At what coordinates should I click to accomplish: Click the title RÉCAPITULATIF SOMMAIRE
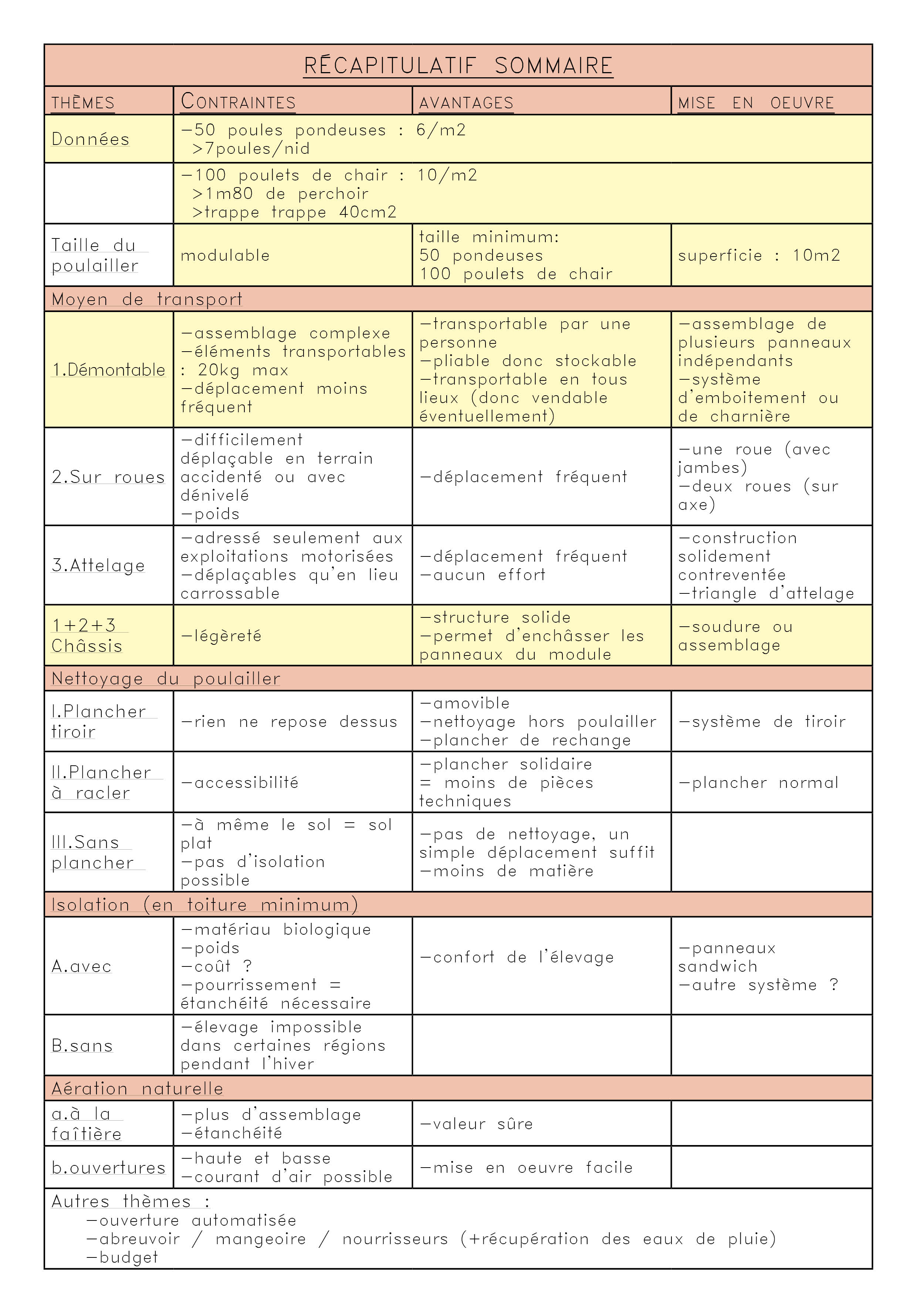point(458,65)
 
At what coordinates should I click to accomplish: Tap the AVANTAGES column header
point(466,103)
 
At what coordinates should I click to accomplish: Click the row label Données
point(90,139)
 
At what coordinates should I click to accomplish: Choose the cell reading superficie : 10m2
point(759,255)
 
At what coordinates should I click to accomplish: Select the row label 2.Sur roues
point(108,477)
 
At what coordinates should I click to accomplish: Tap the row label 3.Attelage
point(98,565)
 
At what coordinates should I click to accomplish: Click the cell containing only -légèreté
point(221,636)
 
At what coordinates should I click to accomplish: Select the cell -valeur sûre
point(476,1124)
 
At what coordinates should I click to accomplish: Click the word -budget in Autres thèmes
point(122,1257)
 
